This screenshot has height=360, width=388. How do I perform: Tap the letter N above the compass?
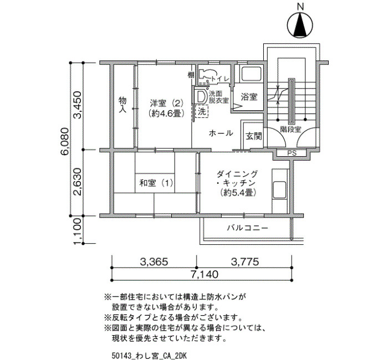pos(300,7)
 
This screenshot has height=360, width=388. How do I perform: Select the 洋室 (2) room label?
pos(166,102)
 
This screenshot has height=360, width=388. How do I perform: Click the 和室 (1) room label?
pos(156,183)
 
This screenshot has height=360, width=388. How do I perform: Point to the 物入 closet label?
pos(122,105)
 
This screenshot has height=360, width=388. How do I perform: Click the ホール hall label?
pos(221,133)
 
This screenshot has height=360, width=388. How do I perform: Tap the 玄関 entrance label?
pos(254,136)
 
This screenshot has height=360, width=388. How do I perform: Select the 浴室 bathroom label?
pos(249,97)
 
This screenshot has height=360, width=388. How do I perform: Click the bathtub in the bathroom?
pos(252,74)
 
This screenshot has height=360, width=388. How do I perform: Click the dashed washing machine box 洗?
pos(202,111)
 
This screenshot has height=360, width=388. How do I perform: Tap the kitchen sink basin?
pos(279,189)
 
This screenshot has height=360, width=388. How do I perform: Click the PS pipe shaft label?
pos(292,153)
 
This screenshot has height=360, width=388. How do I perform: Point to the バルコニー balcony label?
pos(247,228)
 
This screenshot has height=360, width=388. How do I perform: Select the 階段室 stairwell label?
pos(290,129)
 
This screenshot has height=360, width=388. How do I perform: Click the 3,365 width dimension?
pos(154,261)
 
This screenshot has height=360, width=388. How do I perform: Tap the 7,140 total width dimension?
pos(205,274)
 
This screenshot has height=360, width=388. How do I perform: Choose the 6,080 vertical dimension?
pos(64,141)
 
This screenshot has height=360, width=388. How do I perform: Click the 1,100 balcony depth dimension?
pos(77,231)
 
